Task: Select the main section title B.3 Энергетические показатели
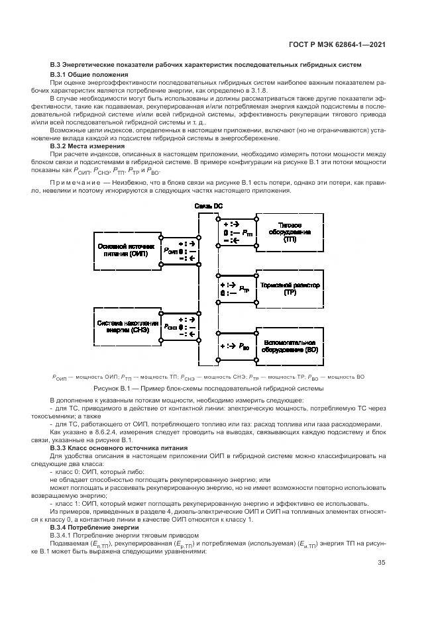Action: point(205,64)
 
